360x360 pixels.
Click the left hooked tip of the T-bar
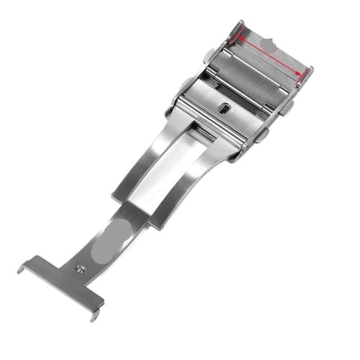tap(22, 268)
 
